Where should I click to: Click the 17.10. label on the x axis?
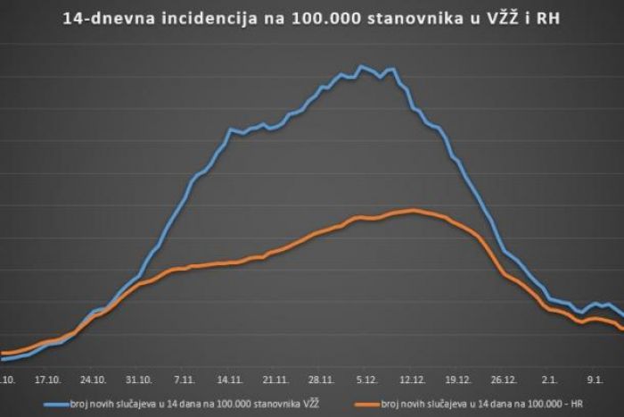[x=46, y=379]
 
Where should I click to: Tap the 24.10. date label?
[x=93, y=379]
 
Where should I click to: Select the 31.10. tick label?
[x=139, y=379]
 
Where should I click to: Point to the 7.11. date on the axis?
[x=185, y=379]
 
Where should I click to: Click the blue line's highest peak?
[x=361, y=66]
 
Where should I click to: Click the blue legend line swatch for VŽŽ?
[x=55, y=404]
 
